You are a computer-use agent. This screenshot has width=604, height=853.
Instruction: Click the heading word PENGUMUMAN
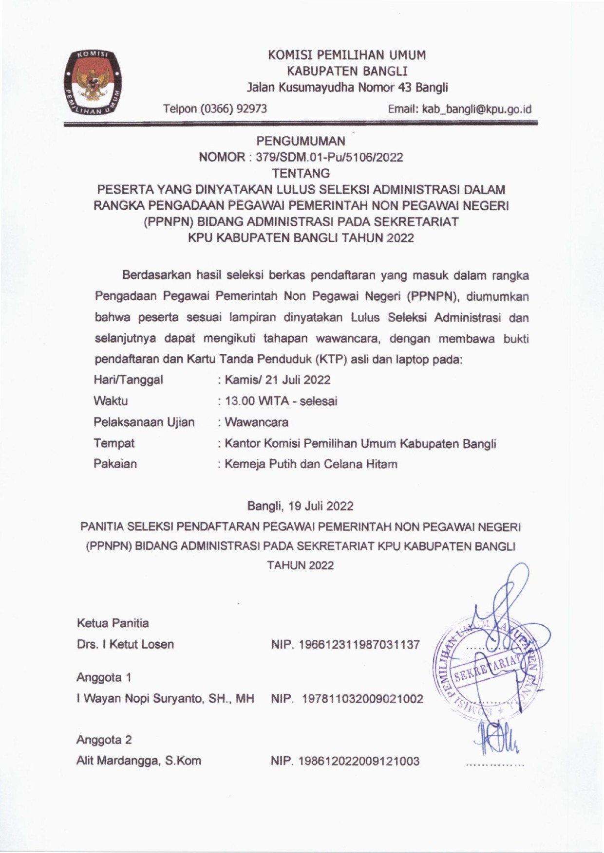pos(301,141)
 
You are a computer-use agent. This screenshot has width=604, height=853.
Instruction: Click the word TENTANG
pos(301,173)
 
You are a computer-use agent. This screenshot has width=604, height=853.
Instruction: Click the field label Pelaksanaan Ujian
pos(144,422)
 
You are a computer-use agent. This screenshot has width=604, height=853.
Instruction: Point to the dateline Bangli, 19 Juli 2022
pos(301,506)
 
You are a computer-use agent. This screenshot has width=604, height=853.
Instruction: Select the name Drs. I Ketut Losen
pos(125,644)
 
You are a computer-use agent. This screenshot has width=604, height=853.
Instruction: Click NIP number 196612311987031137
pos(345,645)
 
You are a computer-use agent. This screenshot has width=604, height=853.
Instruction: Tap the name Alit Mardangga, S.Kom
pos(138,761)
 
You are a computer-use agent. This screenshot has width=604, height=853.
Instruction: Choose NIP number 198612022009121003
pos(345,761)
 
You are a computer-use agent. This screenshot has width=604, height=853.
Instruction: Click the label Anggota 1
pos(103,677)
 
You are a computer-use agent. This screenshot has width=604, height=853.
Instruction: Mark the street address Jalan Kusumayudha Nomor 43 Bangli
pos(347,88)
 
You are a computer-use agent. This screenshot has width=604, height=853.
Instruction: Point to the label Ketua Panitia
pos(113,623)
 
